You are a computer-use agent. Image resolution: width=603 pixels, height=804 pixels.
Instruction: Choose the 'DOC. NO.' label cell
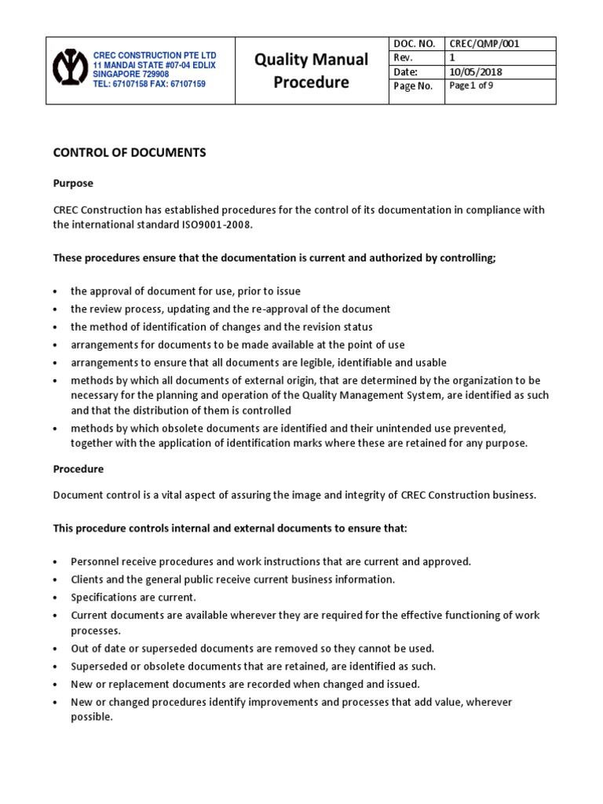pyautogui.click(x=413, y=44)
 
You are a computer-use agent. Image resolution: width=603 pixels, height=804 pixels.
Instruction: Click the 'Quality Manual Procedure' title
pyautogui.click(x=311, y=71)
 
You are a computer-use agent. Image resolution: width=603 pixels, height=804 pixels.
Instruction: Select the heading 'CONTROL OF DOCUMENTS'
pyautogui.click(x=129, y=153)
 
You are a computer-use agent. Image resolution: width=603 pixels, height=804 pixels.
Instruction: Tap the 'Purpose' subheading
pyautogui.click(x=73, y=183)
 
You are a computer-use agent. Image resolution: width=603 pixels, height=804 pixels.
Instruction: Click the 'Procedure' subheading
pyautogui.click(x=78, y=469)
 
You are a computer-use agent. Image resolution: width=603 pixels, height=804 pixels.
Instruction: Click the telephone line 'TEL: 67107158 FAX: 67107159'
pyautogui.click(x=149, y=84)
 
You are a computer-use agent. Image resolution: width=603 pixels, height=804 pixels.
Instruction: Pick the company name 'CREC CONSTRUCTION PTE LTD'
pyautogui.click(x=154, y=55)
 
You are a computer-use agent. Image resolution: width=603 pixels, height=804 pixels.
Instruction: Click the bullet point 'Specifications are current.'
pyautogui.click(x=133, y=598)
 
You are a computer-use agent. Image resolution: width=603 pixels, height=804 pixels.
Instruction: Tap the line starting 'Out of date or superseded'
pyautogui.click(x=252, y=649)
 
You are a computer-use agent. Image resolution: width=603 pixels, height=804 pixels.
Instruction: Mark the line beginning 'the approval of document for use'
pyautogui.click(x=185, y=291)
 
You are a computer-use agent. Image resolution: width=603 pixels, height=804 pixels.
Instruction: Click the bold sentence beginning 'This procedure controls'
pyautogui.click(x=230, y=528)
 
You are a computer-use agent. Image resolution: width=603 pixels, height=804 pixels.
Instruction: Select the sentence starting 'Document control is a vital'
pyautogui.click(x=294, y=495)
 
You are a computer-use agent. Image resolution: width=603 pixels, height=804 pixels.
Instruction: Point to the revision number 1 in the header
pyautogui.click(x=451, y=58)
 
